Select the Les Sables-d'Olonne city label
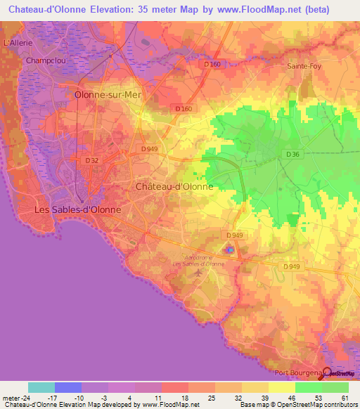point(78,209)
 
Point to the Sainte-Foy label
point(305,66)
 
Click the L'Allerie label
point(19,42)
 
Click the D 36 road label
point(294,154)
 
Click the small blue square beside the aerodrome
point(229,250)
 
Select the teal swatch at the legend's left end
point(41,387)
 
